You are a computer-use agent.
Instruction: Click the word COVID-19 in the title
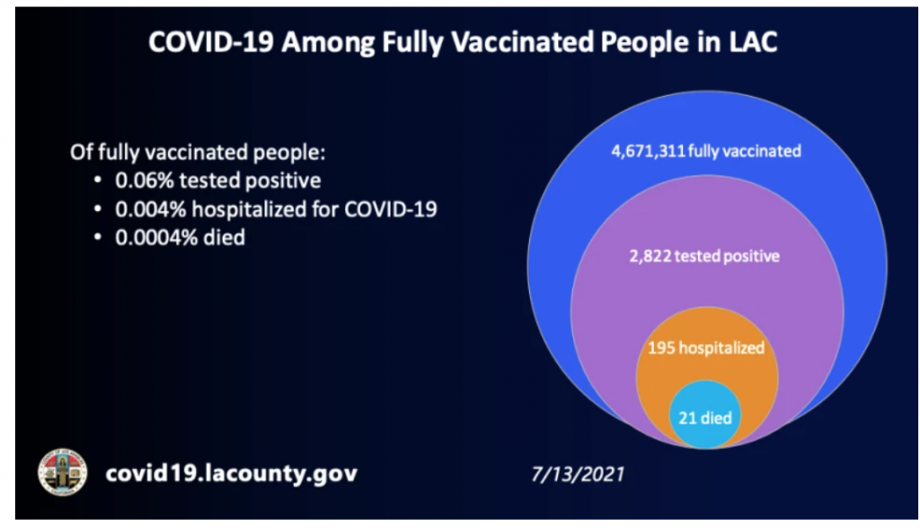click(x=210, y=42)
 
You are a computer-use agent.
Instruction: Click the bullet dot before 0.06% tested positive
click(x=98, y=180)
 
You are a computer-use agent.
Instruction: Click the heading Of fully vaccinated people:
click(x=198, y=153)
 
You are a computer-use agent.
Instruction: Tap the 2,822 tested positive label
click(x=704, y=257)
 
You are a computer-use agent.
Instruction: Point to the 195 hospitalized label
click(x=706, y=348)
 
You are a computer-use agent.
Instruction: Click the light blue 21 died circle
click(x=705, y=414)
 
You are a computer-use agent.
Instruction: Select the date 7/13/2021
click(x=578, y=474)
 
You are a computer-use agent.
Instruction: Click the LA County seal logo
click(x=62, y=472)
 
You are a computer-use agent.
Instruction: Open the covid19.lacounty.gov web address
click(x=231, y=473)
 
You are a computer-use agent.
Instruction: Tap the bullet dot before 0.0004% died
click(x=98, y=238)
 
